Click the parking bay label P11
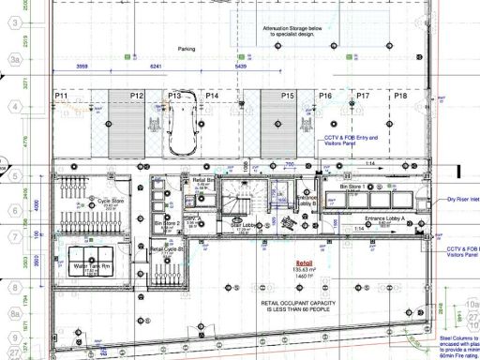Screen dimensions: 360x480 63,96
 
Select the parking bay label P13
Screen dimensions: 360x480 174,96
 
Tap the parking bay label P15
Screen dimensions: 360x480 287,96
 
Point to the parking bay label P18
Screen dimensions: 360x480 400,96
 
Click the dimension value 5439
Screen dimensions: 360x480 241,67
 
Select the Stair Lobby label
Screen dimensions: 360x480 244,225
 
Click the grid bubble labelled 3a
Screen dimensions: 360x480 15,57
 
